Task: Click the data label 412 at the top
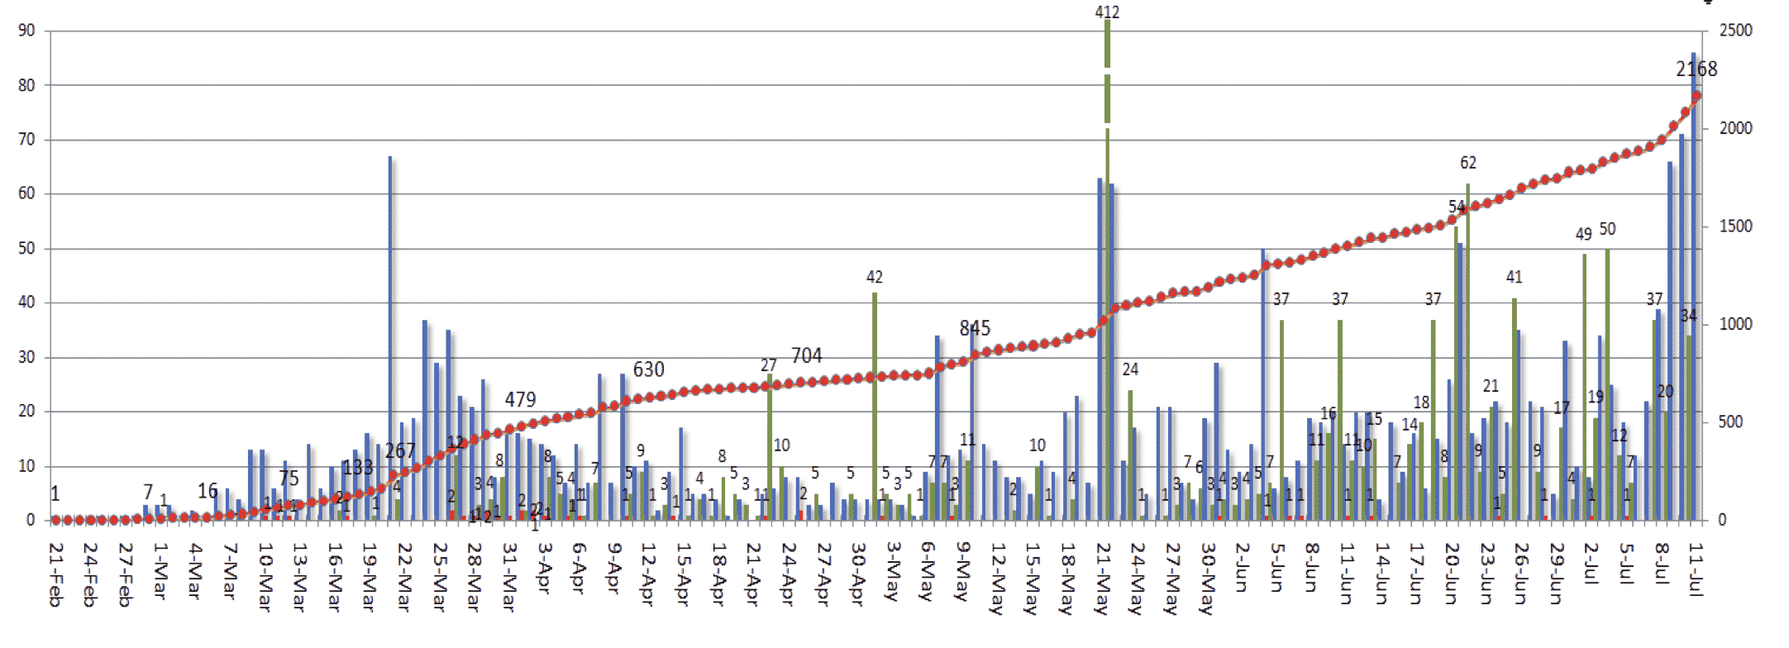tap(1107, 12)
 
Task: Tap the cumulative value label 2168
tap(1696, 69)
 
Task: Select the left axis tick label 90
tap(27, 31)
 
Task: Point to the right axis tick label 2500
tap(1735, 31)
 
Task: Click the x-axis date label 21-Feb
tap(55, 575)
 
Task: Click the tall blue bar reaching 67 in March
tap(390, 339)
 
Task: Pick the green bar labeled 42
tap(875, 405)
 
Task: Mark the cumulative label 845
tap(975, 328)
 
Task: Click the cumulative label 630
tap(649, 369)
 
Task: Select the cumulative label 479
tap(521, 400)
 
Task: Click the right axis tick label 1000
tap(1735, 324)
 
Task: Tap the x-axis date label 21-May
tap(1102, 579)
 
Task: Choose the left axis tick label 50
tap(27, 248)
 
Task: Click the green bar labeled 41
tap(1515, 409)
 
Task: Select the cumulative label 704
tap(807, 355)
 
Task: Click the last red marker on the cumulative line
tap(1697, 96)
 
